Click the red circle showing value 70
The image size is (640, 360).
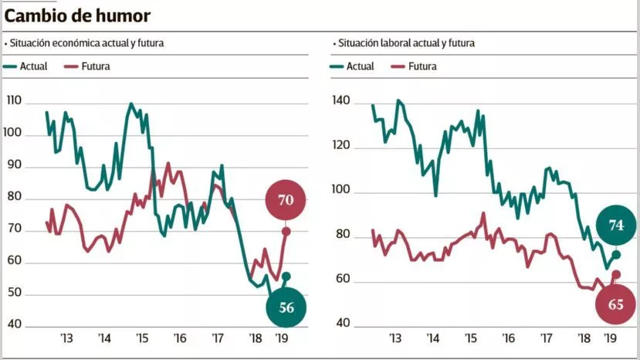tap(286, 200)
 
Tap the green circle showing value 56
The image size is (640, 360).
tap(286, 307)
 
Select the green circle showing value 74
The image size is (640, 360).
tap(616, 226)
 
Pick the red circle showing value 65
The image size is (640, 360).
tap(615, 304)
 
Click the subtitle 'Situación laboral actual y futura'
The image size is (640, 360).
tap(408, 43)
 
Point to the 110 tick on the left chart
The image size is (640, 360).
tap(14, 102)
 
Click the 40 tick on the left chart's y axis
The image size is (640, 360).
tap(14, 326)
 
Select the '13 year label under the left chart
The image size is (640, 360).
tap(66, 338)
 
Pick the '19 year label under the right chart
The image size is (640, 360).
tap(610, 338)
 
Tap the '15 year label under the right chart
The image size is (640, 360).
tap(469, 338)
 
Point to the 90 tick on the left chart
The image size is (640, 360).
tap(14, 166)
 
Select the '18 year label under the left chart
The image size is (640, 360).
tap(256, 338)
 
